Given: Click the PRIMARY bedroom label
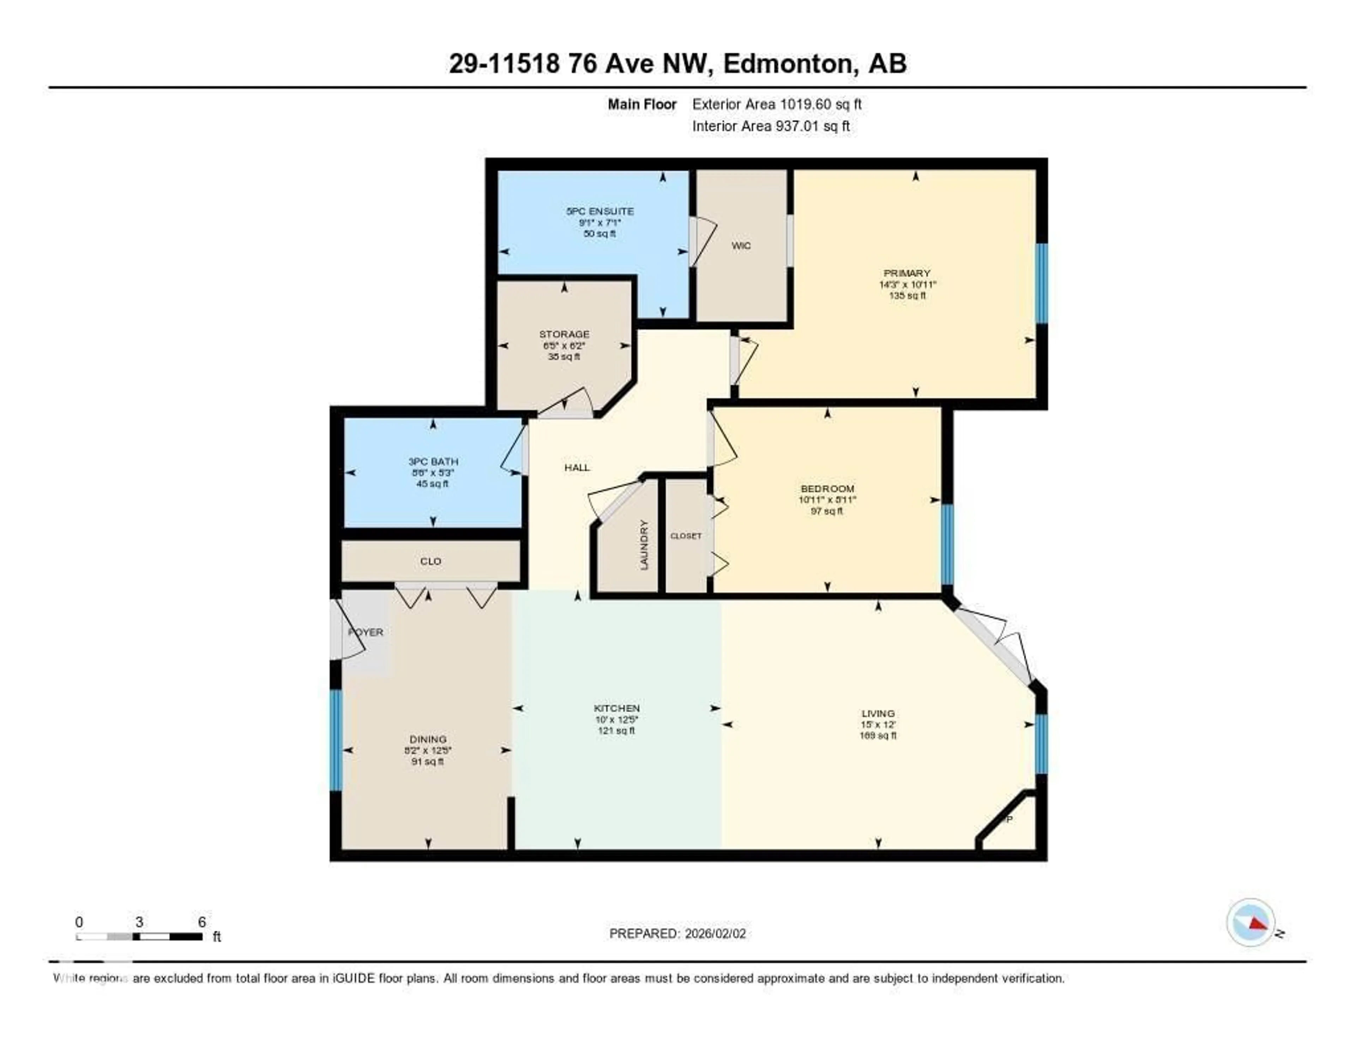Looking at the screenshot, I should click(x=907, y=273).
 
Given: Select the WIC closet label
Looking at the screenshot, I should click(x=741, y=245).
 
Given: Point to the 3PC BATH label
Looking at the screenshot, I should click(x=433, y=461).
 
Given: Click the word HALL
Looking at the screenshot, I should click(x=577, y=468).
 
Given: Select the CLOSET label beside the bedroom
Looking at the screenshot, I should click(x=686, y=536).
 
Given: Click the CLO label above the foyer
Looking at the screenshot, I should click(x=430, y=561).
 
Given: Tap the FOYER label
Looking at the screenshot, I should click(x=366, y=632).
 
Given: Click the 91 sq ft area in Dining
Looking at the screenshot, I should click(x=427, y=761).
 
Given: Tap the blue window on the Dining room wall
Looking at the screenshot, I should click(x=336, y=740).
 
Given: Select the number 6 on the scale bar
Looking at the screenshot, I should click(x=201, y=922).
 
